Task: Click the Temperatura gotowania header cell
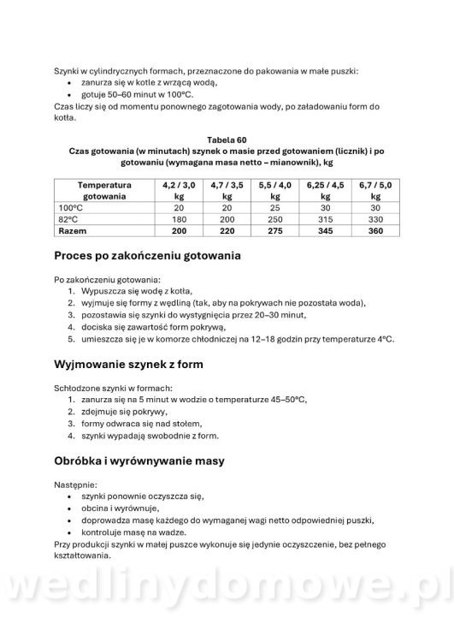tap(103, 190)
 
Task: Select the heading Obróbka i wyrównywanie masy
tap(139, 461)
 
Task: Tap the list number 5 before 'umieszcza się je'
tap(72, 339)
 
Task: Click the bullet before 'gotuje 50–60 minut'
tap(72, 95)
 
